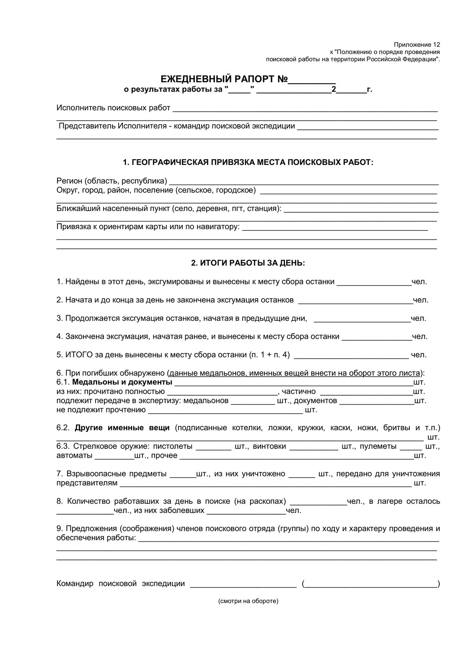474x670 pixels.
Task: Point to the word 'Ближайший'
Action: [x=76, y=208]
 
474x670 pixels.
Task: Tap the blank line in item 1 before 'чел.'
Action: [x=374, y=284]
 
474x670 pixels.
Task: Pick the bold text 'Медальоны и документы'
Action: [x=122, y=382]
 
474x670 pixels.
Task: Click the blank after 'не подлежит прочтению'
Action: [x=225, y=412]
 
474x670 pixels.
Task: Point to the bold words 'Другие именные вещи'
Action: [x=122, y=428]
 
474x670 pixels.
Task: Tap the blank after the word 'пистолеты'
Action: [x=213, y=448]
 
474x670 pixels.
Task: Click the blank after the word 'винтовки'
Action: [x=314, y=448]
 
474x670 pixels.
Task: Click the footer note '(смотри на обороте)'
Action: [x=248, y=601]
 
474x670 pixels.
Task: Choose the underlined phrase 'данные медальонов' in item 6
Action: [x=204, y=373]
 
